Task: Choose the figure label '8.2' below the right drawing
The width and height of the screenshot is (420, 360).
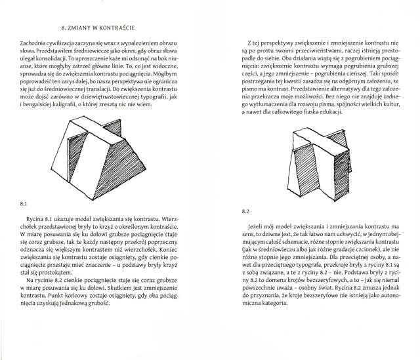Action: (246, 211)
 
